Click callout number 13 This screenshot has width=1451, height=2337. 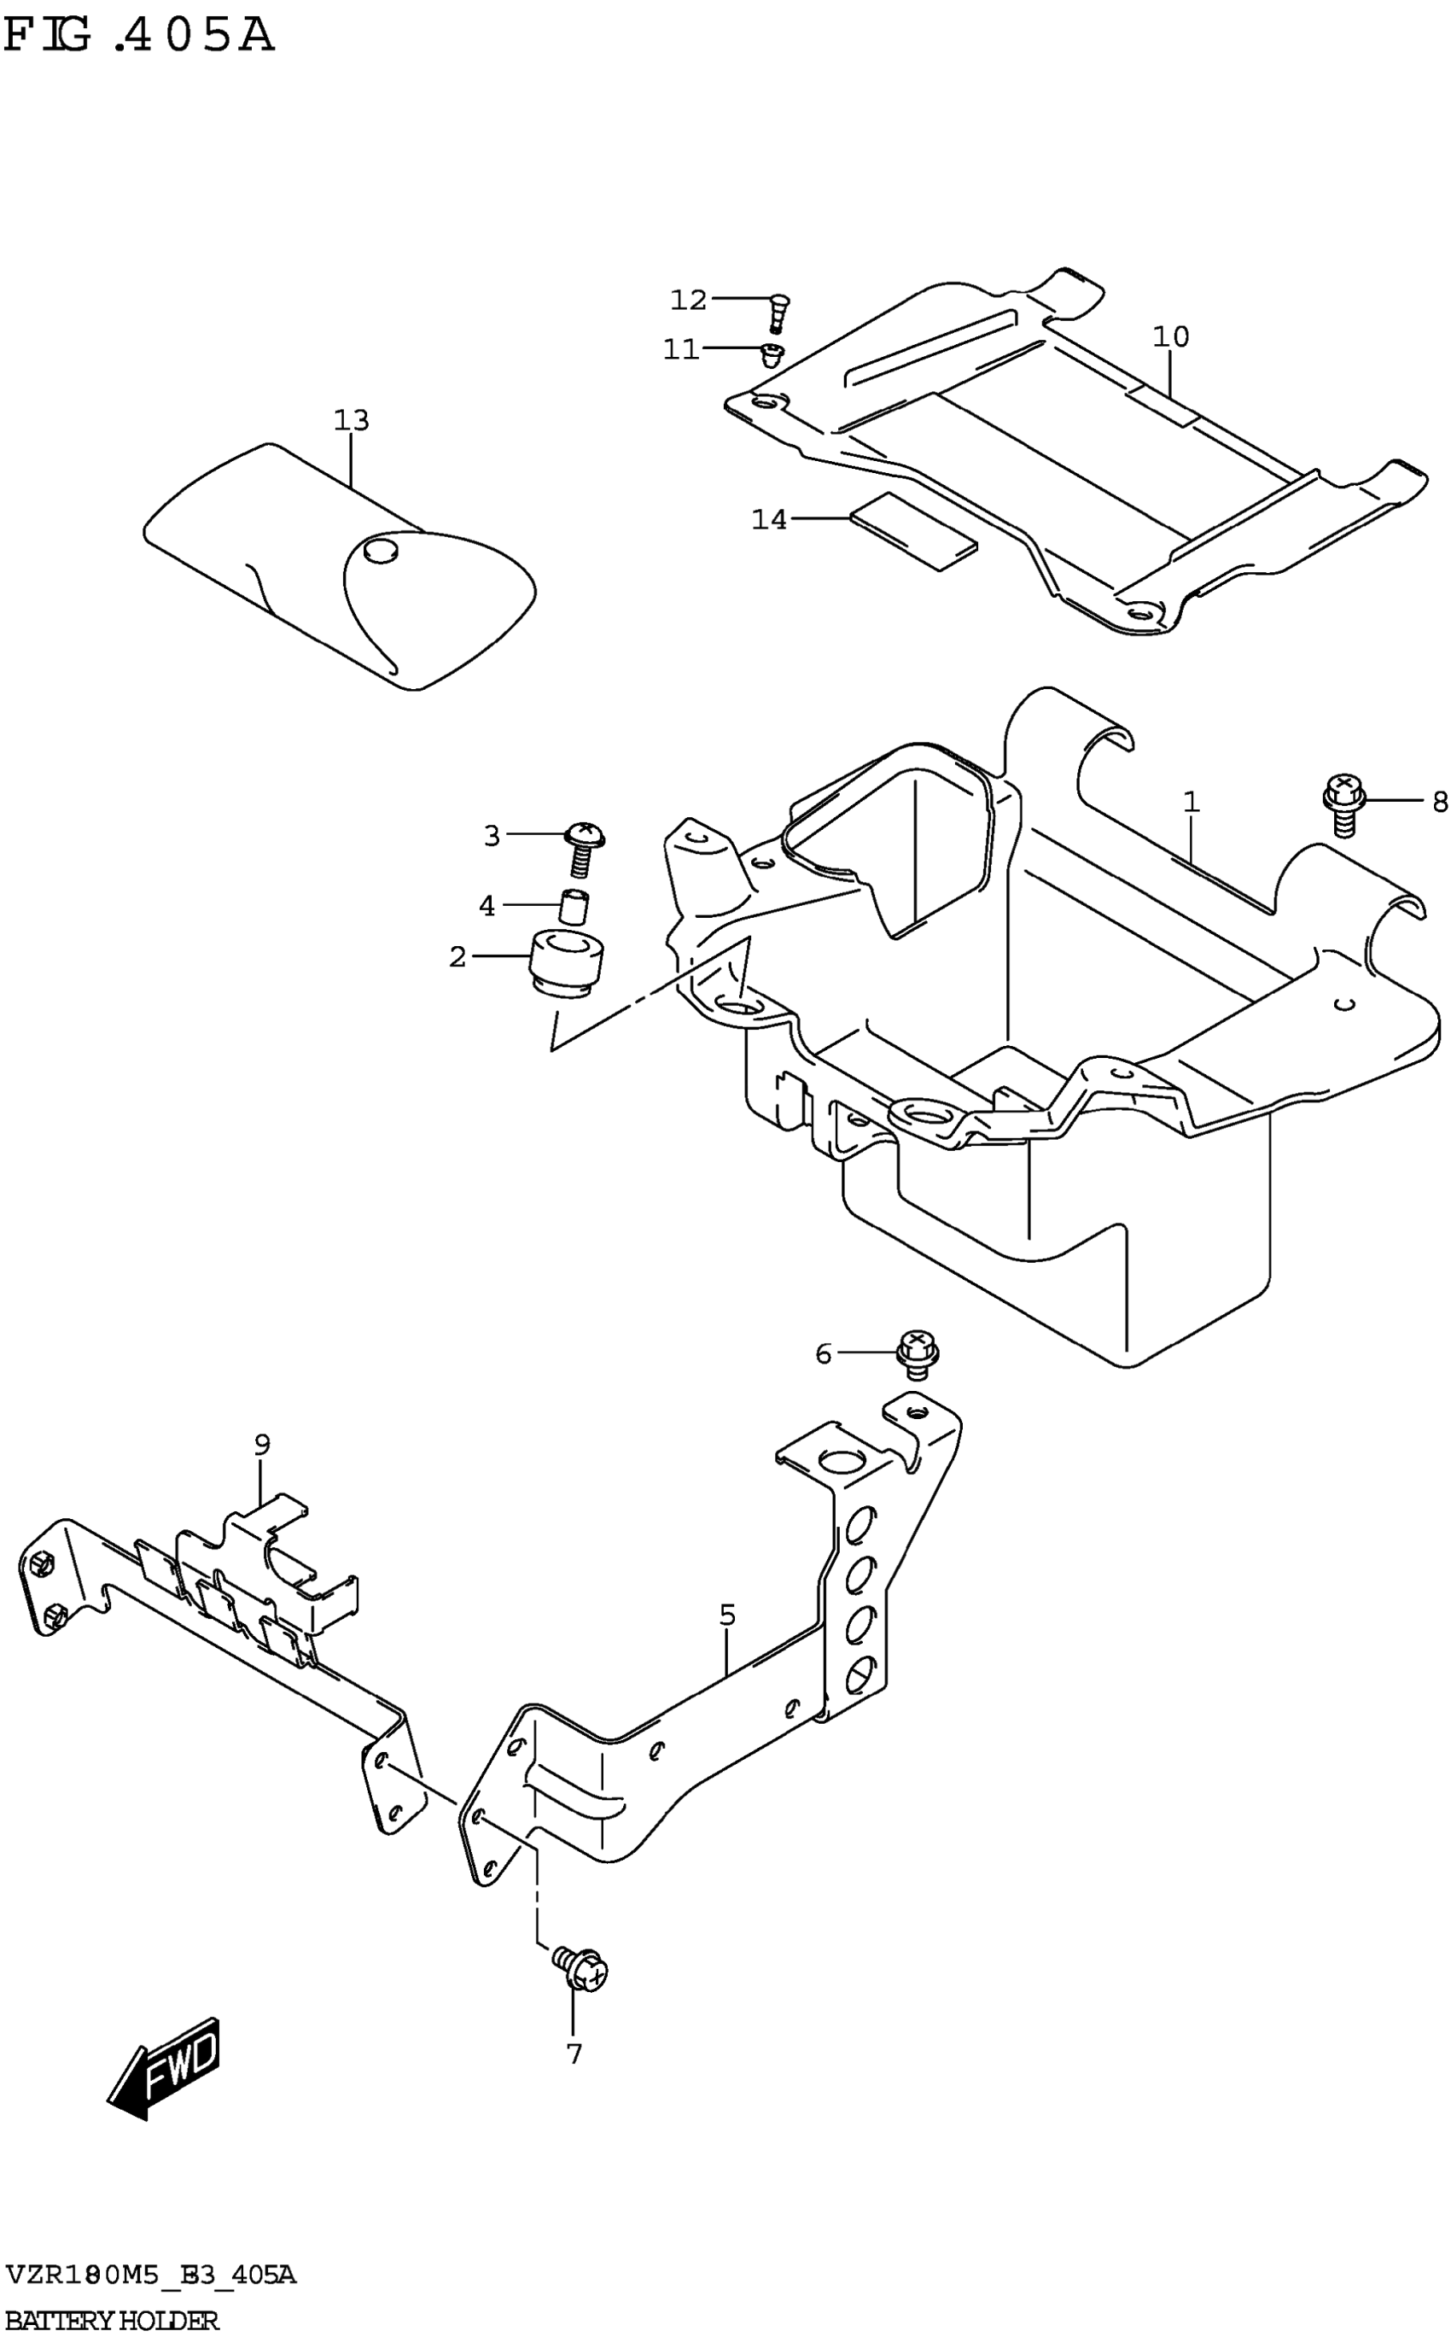352,420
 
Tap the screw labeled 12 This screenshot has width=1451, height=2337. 778,311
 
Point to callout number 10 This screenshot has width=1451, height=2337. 1171,337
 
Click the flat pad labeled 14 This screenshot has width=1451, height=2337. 912,533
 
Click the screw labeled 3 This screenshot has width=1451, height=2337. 581,846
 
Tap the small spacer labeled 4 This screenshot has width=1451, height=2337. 574,907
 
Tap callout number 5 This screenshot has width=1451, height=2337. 727,1615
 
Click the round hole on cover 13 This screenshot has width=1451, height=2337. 382,551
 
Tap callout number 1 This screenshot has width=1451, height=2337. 1191,802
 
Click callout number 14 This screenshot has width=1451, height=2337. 769,519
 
